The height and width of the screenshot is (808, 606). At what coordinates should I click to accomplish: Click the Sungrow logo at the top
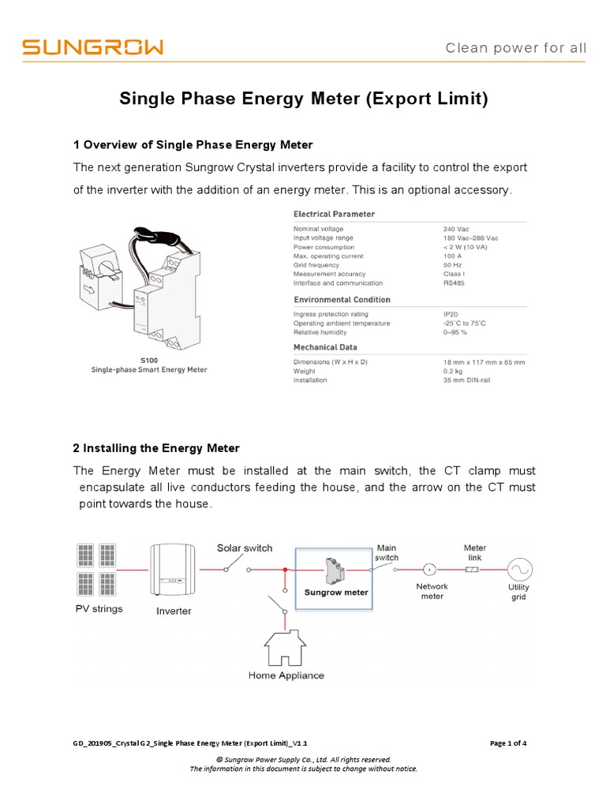(x=92, y=47)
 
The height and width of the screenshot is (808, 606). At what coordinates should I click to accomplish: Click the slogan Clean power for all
(x=516, y=48)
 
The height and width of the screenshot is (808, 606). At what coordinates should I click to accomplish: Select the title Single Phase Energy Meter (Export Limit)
(x=304, y=99)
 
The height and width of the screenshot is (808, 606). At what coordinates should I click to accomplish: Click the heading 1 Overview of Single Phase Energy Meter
(x=193, y=145)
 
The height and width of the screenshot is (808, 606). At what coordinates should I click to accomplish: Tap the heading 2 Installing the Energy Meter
(x=155, y=448)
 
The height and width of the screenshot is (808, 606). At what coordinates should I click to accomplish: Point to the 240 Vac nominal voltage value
(x=455, y=229)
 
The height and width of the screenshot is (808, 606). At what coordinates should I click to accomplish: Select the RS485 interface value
(x=455, y=282)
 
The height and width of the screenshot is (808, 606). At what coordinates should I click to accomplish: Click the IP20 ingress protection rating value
(x=451, y=314)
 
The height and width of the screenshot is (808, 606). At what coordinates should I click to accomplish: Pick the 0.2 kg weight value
(x=452, y=371)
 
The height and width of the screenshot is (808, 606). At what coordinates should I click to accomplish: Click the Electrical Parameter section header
(x=334, y=214)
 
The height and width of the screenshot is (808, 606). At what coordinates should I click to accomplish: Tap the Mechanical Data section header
(x=325, y=347)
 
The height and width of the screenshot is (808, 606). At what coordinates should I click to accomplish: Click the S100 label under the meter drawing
(x=148, y=360)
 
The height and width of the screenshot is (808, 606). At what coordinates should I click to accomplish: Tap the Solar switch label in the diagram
(x=245, y=548)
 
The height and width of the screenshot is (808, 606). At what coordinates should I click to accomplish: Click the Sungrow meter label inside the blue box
(x=337, y=593)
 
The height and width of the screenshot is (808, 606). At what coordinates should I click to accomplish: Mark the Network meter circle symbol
(x=430, y=569)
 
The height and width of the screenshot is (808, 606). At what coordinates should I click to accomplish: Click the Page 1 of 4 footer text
(x=508, y=743)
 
